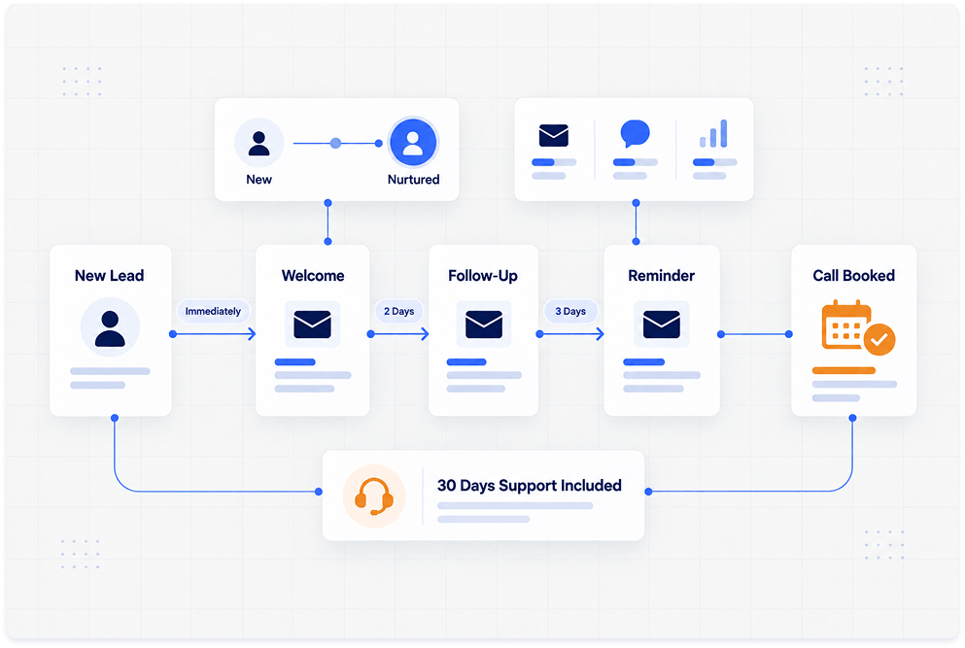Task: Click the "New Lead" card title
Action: pos(110,276)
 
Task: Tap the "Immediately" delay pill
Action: pos(213,312)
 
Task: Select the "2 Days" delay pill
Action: pos(398,312)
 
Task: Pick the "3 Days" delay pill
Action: pos(570,312)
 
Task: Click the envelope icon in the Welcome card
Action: pos(313,324)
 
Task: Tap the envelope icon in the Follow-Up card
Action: pos(484,324)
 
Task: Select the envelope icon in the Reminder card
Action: pos(662,324)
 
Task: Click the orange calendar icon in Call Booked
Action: pos(846,324)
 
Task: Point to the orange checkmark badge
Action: pos(879,340)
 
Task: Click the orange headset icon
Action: pos(374,496)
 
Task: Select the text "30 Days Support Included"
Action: pos(530,486)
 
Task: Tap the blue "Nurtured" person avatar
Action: pos(413,142)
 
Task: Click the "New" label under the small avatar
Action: pos(259,180)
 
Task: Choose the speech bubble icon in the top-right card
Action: pos(636,133)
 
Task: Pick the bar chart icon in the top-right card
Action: pos(714,133)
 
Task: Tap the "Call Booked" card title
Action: pos(853,276)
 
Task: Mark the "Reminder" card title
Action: pos(662,276)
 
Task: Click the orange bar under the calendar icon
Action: pos(844,370)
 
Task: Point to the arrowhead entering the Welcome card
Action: pos(252,334)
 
